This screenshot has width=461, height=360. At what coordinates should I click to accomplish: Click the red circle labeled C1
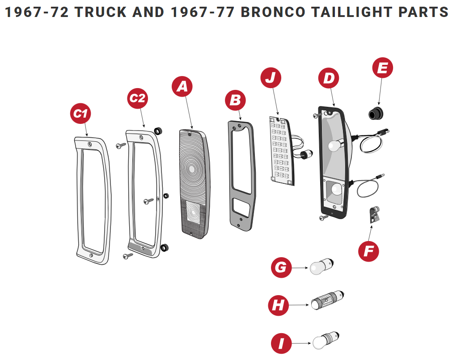point(80,114)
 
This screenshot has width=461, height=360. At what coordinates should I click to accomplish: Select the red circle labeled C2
point(138,97)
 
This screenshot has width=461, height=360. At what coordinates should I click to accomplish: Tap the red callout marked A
point(182,87)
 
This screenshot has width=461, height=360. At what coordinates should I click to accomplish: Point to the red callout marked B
point(235,101)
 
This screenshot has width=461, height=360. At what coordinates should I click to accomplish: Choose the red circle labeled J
point(271,78)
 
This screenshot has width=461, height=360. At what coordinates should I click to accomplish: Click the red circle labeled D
point(329,78)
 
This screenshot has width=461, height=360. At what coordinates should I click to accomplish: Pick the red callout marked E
point(383,68)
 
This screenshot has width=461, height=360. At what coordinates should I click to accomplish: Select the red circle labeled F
point(368,251)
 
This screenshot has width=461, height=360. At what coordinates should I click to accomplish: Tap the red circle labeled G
point(281,267)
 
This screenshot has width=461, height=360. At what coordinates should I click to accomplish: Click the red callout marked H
point(278,306)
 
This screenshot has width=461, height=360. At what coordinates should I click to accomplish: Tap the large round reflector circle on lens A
point(192,169)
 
